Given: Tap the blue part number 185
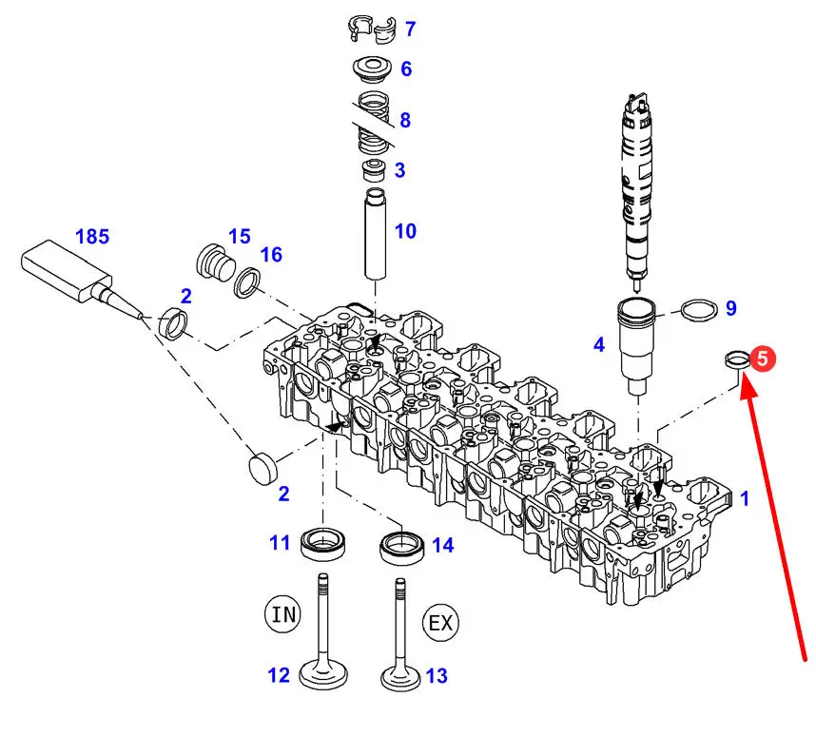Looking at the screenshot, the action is tap(92, 237).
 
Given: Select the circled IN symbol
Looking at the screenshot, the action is tap(283, 613).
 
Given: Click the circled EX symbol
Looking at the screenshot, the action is tap(440, 623).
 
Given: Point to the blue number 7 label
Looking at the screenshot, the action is tap(410, 29).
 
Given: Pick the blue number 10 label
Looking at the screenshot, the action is tap(405, 230).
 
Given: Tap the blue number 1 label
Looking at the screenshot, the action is tap(745, 497).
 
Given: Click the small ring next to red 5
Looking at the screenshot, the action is tap(735, 359).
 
